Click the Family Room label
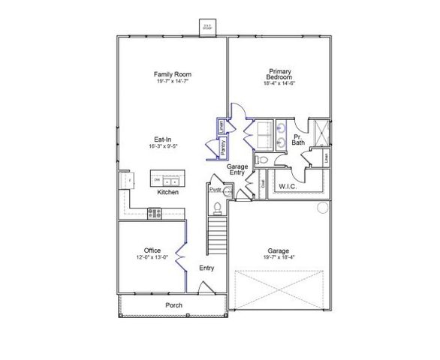click(172, 74)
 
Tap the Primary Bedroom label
click(279, 74)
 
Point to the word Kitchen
click(167, 193)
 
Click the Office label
click(152, 250)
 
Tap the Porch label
click(174, 306)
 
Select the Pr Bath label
click(298, 139)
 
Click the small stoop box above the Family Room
click(206, 27)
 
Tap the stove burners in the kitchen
click(154, 213)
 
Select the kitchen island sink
click(173, 181)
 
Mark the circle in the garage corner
click(323, 207)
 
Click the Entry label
click(207, 268)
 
